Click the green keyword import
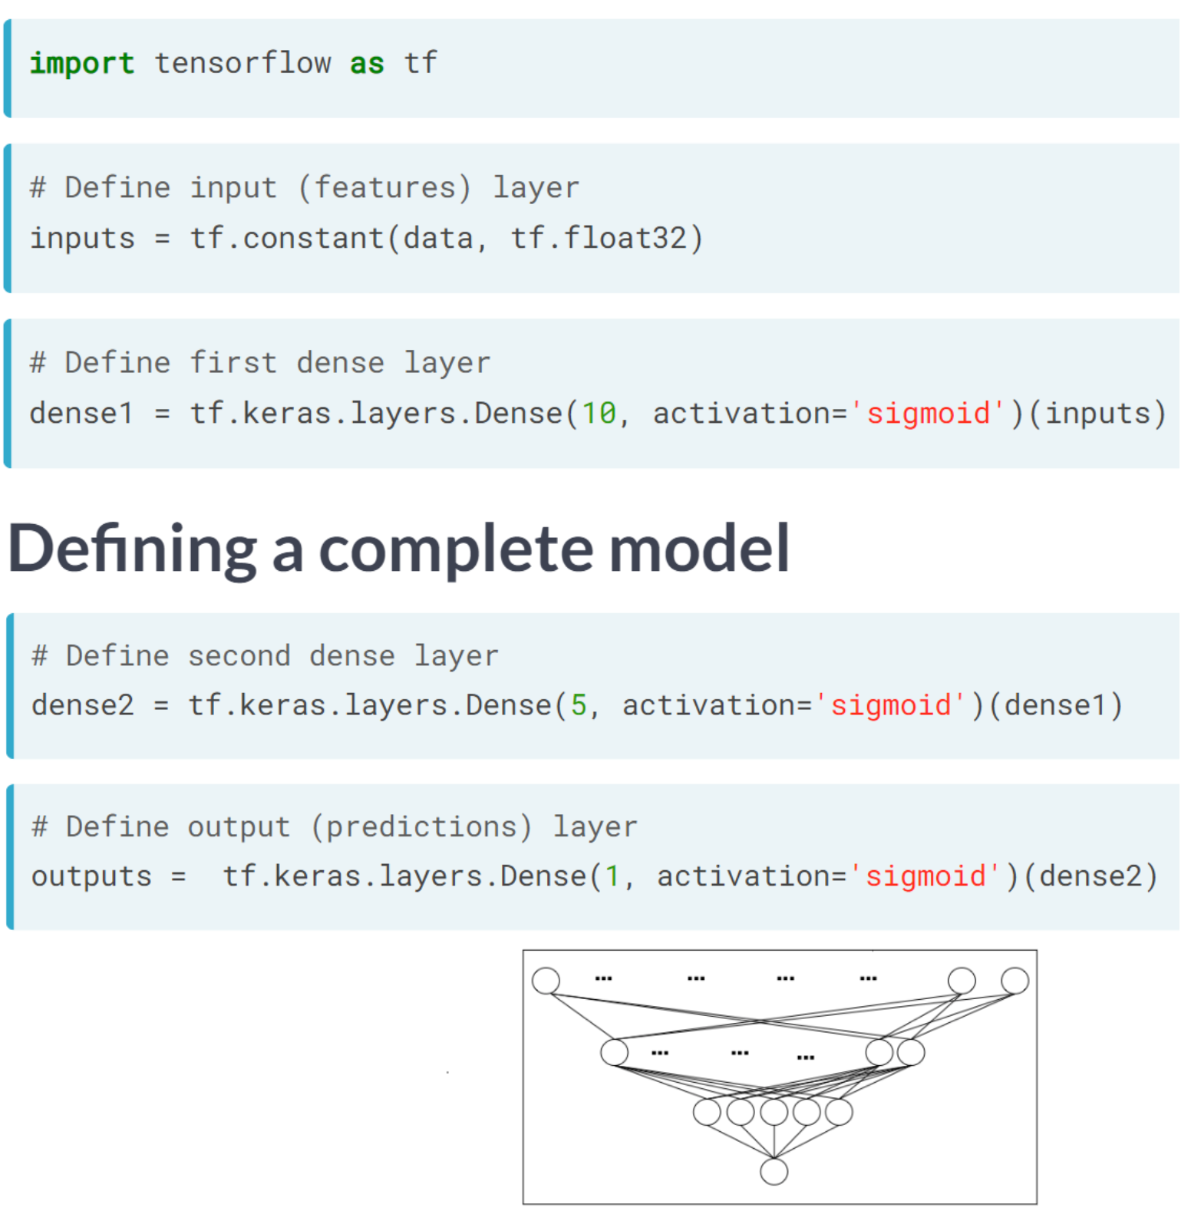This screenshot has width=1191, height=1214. pos(81,63)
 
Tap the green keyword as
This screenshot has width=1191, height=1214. pos(367,63)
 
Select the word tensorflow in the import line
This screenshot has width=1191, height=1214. pos(242,63)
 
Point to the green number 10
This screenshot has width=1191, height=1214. pos(599,414)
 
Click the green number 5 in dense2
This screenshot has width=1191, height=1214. pos(579,704)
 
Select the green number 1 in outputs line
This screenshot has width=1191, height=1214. pos(612,876)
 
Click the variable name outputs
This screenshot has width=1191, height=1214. pos(91,876)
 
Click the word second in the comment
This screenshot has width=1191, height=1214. pos(239,656)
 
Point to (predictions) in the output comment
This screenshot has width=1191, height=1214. pos(421,826)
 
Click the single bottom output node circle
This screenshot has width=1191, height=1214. pos(774,1171)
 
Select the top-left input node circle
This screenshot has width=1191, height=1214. pos(546,980)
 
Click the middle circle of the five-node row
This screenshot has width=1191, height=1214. pos(774,1111)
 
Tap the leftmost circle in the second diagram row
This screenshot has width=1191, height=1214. pos(614,1052)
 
